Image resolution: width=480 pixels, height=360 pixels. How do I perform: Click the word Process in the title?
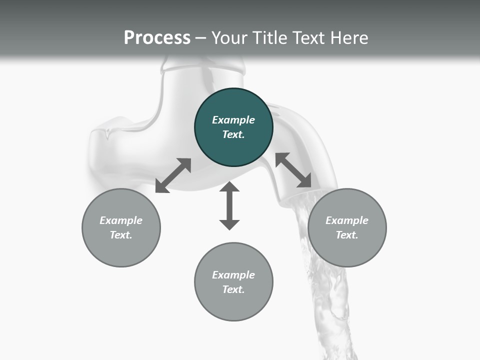[x=157, y=38]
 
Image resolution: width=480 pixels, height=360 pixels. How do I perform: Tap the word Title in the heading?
[x=270, y=38]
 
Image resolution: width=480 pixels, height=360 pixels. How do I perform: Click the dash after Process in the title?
[x=201, y=38]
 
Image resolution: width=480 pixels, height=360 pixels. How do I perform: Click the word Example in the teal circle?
[x=233, y=120]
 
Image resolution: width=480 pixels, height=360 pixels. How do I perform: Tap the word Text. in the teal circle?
[x=233, y=134]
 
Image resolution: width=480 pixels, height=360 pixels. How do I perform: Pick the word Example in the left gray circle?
[x=121, y=220]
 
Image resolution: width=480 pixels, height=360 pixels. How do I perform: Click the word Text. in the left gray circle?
[x=121, y=235]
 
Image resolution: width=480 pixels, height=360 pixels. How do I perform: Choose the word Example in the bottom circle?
[x=233, y=275]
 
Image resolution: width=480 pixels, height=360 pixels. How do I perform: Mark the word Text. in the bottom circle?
[x=233, y=289]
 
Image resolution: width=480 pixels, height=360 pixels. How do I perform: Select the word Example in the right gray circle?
[x=347, y=220]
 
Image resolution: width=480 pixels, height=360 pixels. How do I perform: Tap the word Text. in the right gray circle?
[x=347, y=235]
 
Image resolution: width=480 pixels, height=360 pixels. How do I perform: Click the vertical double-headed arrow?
[x=229, y=205]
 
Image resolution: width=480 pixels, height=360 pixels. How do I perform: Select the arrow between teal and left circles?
[x=173, y=175]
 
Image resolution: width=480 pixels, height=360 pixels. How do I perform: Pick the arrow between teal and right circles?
[x=293, y=170]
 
